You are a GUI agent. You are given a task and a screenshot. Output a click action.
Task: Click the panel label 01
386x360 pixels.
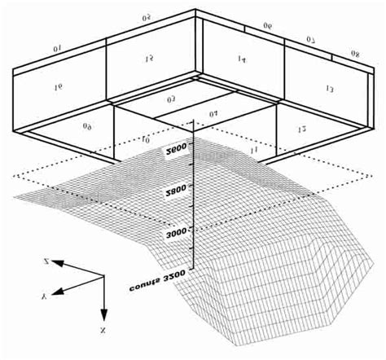pyautogui.click(x=58, y=50)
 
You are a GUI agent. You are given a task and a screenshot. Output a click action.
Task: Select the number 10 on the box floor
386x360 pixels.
pyautogui.click(x=145, y=140)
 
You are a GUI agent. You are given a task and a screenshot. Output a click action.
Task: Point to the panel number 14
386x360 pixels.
pyautogui.click(x=242, y=60)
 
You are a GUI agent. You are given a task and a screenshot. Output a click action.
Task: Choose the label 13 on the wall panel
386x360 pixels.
pyautogui.click(x=328, y=89)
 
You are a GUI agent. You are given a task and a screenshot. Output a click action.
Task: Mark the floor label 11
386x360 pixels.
pyautogui.click(x=253, y=151)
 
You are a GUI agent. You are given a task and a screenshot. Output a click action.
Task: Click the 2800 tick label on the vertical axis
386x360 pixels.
pyautogui.click(x=177, y=187)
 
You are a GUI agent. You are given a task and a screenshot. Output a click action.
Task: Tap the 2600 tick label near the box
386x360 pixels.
pyautogui.click(x=177, y=148)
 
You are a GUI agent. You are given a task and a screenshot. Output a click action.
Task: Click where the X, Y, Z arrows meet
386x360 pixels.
pyautogui.click(x=104, y=277)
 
